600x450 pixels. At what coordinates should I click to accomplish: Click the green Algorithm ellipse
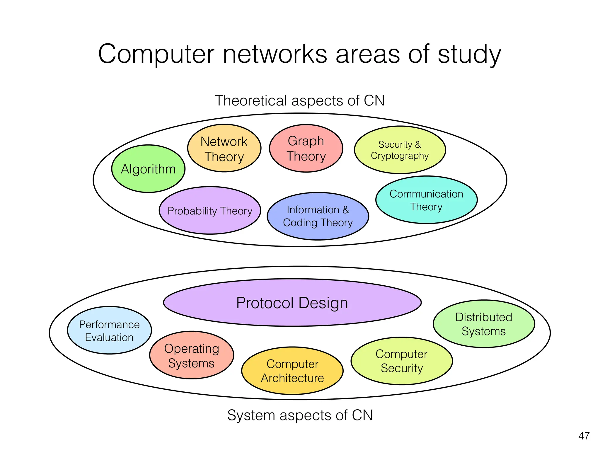click(x=148, y=169)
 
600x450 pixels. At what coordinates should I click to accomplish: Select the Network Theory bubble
click(x=224, y=149)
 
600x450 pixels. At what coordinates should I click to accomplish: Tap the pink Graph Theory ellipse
click(x=306, y=149)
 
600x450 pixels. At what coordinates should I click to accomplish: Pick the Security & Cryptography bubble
click(x=400, y=150)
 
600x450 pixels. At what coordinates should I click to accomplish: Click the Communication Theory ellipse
click(x=426, y=200)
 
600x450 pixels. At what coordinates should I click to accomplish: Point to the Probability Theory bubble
click(x=210, y=211)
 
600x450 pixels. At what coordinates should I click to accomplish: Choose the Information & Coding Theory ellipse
click(x=318, y=216)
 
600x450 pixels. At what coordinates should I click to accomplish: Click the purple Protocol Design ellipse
click(x=292, y=303)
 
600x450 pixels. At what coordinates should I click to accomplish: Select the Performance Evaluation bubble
click(x=109, y=330)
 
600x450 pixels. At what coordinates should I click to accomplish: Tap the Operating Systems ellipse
click(x=192, y=355)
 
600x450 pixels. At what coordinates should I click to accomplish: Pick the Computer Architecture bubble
click(x=292, y=371)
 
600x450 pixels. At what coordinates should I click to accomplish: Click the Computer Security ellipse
click(x=401, y=361)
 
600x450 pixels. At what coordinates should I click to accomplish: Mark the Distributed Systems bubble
click(x=484, y=324)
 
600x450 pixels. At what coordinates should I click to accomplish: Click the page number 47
click(x=584, y=436)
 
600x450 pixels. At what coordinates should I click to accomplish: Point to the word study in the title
click(x=469, y=55)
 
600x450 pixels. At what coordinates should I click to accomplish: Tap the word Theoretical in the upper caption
click(x=251, y=100)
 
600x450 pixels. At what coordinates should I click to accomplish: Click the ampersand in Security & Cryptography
click(x=418, y=144)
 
